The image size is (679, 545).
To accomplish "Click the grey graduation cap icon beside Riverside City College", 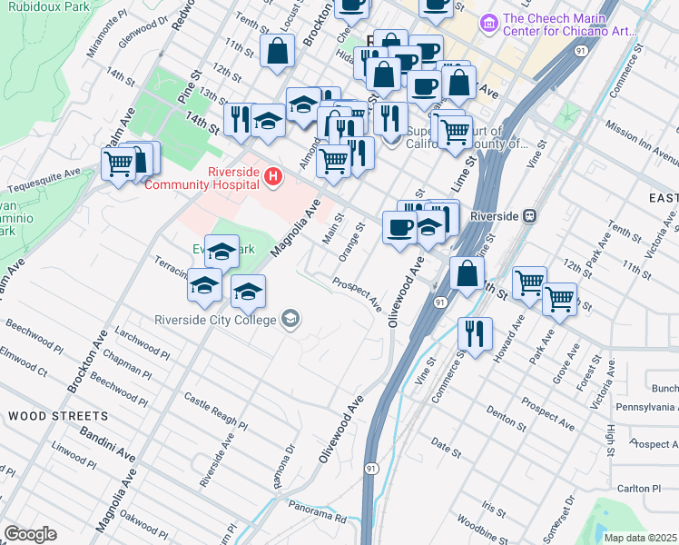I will pos(290,318).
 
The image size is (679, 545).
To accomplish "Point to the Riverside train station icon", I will pos(528,216).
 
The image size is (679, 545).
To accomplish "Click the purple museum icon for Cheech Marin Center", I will pos(489,21).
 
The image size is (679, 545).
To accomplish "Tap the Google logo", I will pos(30,534).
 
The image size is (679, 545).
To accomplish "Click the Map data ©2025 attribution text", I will pos(641,538).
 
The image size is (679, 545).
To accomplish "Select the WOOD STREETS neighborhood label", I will pos(58,416).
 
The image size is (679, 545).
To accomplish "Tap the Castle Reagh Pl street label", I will pos(215,411).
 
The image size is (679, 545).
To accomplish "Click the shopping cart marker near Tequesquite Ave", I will pos(119,165).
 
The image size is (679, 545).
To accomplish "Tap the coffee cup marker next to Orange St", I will pos(399,227).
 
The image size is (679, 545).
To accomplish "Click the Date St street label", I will pos(446,446).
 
